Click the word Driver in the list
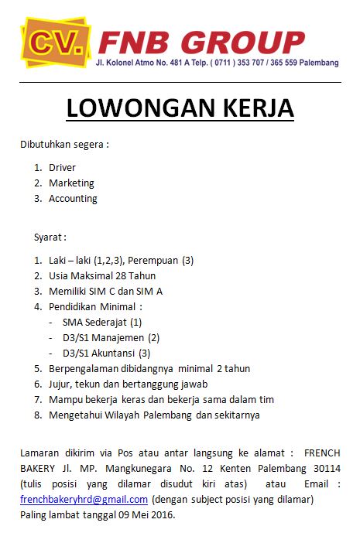click(x=62, y=167)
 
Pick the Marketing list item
click(x=71, y=183)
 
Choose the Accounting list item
click(x=73, y=199)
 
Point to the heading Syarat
click(x=49, y=237)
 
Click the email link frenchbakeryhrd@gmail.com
click(x=84, y=500)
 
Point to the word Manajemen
click(x=119, y=337)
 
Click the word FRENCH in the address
click(x=322, y=453)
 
